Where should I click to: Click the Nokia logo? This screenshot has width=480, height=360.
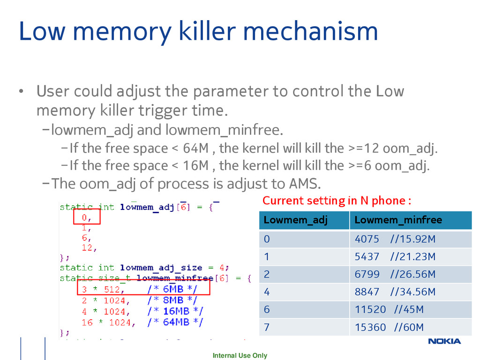pyautogui.click(x=444, y=341)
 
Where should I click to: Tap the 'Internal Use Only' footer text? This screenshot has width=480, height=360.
pyautogui.click(x=240, y=355)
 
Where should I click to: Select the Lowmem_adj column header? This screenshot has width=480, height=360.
pyautogui.click(x=296, y=220)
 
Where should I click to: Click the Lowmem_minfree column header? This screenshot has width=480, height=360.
pyautogui.click(x=398, y=220)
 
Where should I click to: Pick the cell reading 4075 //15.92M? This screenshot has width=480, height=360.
pyautogui.click(x=395, y=239)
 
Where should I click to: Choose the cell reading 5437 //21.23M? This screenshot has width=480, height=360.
pyautogui.click(x=395, y=256)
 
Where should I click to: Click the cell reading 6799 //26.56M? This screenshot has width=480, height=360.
pyautogui.click(x=395, y=274)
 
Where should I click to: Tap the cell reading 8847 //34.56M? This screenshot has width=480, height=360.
pyautogui.click(x=395, y=292)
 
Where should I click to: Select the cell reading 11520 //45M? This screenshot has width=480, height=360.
pyautogui.click(x=389, y=309)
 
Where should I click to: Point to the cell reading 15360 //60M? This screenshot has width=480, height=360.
pyautogui.click(x=389, y=327)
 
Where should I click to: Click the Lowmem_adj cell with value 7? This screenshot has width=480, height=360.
pyautogui.click(x=267, y=327)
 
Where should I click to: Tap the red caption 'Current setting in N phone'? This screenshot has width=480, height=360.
pyautogui.click(x=337, y=201)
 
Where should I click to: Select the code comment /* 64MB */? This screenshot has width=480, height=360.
pyautogui.click(x=175, y=322)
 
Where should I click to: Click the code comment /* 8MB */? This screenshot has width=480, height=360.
pyautogui.click(x=172, y=300)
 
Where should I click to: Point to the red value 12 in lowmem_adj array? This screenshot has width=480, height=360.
pyautogui.click(x=87, y=247)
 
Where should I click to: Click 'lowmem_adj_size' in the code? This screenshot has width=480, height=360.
pyautogui.click(x=161, y=268)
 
